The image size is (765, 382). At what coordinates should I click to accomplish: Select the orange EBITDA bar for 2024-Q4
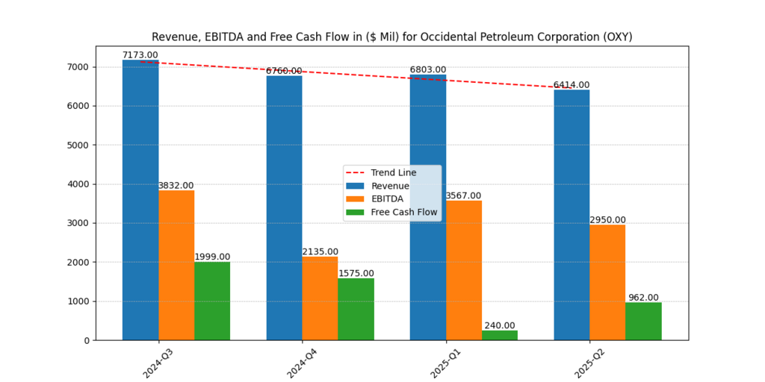pos(320,298)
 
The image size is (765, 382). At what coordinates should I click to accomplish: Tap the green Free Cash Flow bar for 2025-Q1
pos(500,336)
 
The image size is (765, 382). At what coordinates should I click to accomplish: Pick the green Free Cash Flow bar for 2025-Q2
pos(643,322)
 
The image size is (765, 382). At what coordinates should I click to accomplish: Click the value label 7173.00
pos(140,55)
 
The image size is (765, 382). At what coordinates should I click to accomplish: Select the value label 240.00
pos(500,325)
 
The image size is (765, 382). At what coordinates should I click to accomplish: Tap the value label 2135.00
pos(320,252)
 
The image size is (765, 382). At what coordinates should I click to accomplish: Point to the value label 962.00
pos(643,298)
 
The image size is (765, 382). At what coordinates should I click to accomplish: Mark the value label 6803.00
pos(428,70)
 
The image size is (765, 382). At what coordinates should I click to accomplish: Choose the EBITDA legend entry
pos(387,199)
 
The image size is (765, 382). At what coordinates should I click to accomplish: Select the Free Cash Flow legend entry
pos(403,212)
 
